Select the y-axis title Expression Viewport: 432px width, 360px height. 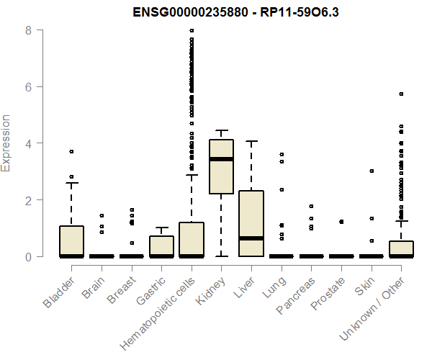tap(6, 143)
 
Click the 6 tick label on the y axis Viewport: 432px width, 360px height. tap(27, 86)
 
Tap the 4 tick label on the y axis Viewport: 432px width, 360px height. tap(27, 143)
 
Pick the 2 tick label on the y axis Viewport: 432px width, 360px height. tap(27, 199)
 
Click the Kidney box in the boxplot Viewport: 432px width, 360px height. tap(221, 166)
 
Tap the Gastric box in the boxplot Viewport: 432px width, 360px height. tap(161, 246)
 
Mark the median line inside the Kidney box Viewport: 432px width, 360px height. tap(221, 159)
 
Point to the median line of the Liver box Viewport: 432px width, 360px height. tap(251, 238)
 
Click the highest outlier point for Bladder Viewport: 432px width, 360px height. tap(71, 151)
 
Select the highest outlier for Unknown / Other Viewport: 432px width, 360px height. tap(401, 94)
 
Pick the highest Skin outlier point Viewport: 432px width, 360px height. tap(372, 171)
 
